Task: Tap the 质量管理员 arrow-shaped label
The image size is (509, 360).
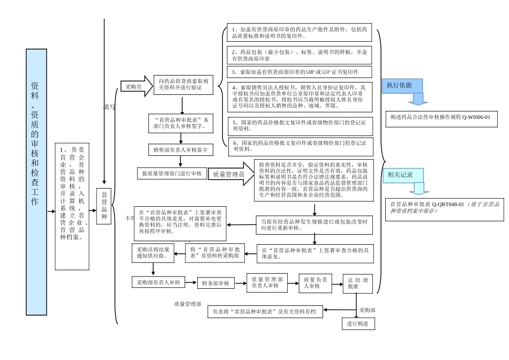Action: point(228,174)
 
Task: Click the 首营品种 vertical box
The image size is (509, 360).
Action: point(104,206)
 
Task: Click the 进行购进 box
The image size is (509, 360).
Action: point(358,324)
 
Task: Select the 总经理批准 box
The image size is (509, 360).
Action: point(357,283)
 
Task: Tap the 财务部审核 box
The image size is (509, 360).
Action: point(215,283)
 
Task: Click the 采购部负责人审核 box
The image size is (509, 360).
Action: point(158,282)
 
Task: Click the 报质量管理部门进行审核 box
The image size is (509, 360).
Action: point(171,174)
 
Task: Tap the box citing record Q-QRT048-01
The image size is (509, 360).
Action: point(444,208)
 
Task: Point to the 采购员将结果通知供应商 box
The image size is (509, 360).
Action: point(153,253)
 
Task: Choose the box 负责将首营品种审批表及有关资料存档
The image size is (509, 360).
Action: point(265,311)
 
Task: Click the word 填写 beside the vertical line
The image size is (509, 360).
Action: point(109,107)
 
